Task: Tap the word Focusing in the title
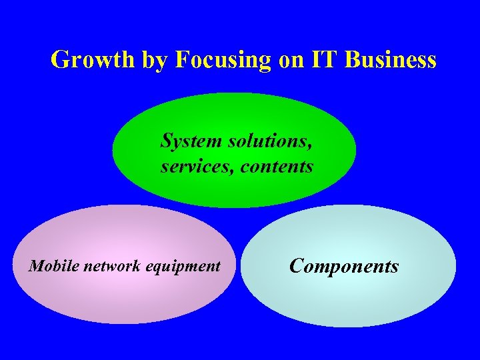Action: (x=223, y=60)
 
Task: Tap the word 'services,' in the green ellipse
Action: (x=197, y=166)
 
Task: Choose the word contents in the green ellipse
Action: (x=277, y=166)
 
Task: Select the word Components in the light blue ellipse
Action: (x=344, y=267)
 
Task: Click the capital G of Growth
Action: (x=60, y=60)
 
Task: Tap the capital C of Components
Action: (x=297, y=266)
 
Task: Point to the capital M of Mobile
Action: (x=35, y=267)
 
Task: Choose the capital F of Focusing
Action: (x=182, y=60)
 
